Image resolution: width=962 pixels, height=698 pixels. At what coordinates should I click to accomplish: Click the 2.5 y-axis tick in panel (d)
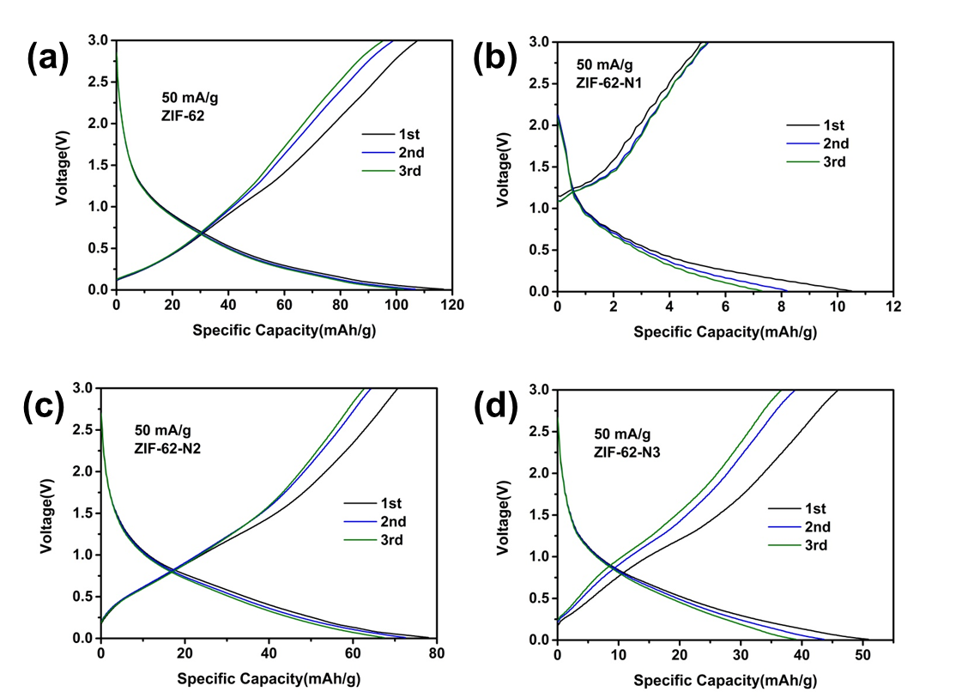(542, 431)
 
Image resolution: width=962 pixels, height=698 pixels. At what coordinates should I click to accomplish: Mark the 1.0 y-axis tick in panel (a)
(100, 207)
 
